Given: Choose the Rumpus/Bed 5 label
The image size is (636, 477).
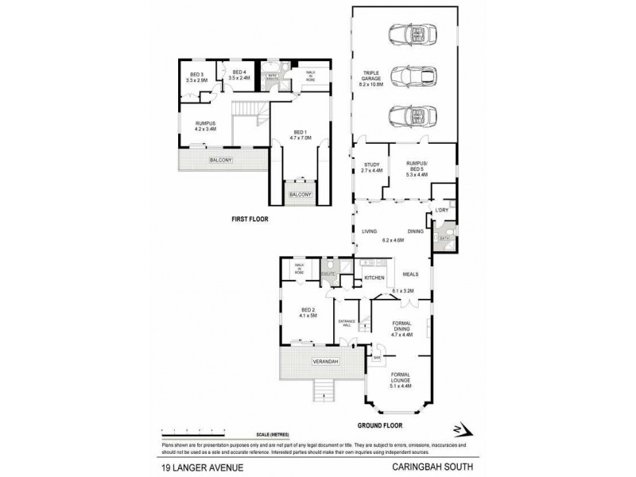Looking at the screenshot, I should pyautogui.click(x=417, y=168).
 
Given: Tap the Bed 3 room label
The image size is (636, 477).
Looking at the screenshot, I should pyautogui.click(x=196, y=77).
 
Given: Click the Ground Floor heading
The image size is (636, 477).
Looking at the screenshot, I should pyautogui.click(x=404, y=424).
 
